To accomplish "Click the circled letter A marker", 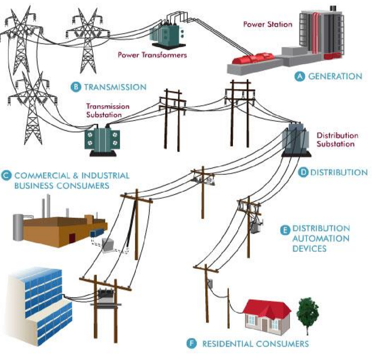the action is [x=299, y=76].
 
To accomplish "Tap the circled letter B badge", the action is [x=76, y=87].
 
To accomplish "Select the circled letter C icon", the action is [x=6, y=175].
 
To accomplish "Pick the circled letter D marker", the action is [x=303, y=172].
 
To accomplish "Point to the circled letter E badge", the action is [x=285, y=230].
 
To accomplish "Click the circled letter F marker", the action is [x=192, y=343].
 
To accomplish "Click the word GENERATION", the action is [x=335, y=76].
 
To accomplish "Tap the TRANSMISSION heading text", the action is [x=115, y=87].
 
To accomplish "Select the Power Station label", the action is [x=267, y=24].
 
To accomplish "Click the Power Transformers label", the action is [x=152, y=55].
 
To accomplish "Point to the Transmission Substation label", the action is [x=108, y=111].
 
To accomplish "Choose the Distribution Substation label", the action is [x=337, y=140].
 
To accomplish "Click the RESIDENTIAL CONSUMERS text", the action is [x=255, y=344].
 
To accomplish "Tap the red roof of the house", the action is [x=267, y=307].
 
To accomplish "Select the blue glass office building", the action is [x=38, y=306].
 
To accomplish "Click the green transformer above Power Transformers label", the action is [x=167, y=36].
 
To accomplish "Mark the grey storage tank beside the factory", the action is [x=18, y=227].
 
